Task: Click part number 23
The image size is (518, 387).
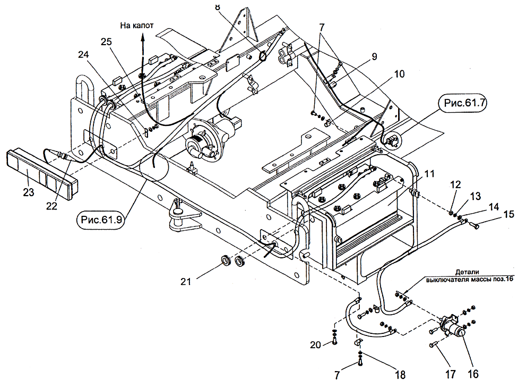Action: point(29,193)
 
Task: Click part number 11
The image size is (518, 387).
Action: point(429,173)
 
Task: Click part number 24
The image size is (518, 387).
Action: point(84,54)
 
